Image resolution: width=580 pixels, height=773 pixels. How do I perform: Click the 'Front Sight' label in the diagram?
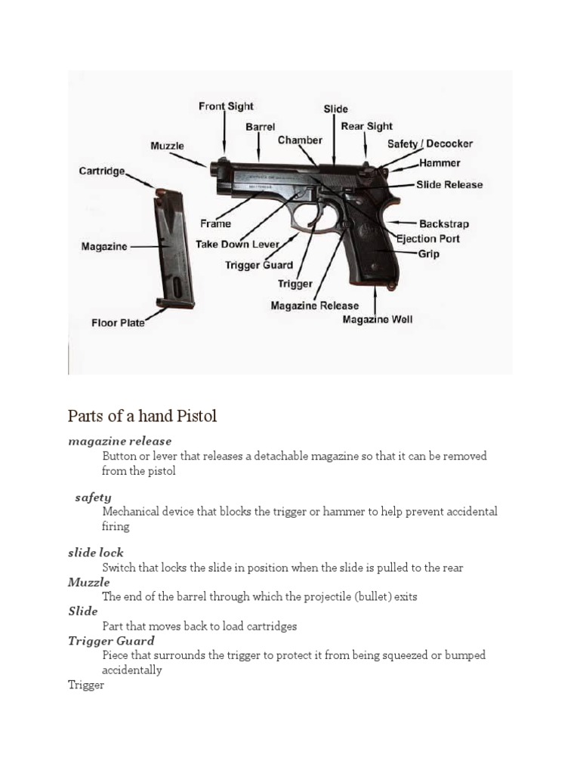click(226, 106)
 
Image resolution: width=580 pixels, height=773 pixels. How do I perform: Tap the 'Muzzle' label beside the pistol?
click(167, 146)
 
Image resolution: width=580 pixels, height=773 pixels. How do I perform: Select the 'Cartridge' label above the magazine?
click(102, 171)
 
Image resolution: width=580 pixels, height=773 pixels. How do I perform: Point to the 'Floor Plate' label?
click(118, 323)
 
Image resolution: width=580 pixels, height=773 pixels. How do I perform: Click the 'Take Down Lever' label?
click(237, 245)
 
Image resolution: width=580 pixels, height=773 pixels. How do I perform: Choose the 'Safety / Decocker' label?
click(430, 143)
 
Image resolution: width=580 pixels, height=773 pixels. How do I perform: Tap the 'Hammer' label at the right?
click(440, 163)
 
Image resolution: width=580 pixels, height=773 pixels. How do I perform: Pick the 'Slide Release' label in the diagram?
click(449, 184)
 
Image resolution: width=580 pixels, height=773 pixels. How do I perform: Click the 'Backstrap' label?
click(444, 224)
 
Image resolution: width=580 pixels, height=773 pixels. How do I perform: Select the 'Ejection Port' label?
click(428, 239)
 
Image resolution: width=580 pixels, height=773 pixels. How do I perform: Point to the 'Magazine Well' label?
click(378, 319)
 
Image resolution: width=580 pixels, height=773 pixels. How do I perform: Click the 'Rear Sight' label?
click(367, 126)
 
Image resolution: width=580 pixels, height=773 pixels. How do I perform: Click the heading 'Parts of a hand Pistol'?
click(142, 416)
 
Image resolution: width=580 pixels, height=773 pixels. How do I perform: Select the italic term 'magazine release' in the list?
click(120, 441)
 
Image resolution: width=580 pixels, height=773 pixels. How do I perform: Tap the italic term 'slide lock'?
click(96, 553)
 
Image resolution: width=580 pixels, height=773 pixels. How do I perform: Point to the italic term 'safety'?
click(93, 497)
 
